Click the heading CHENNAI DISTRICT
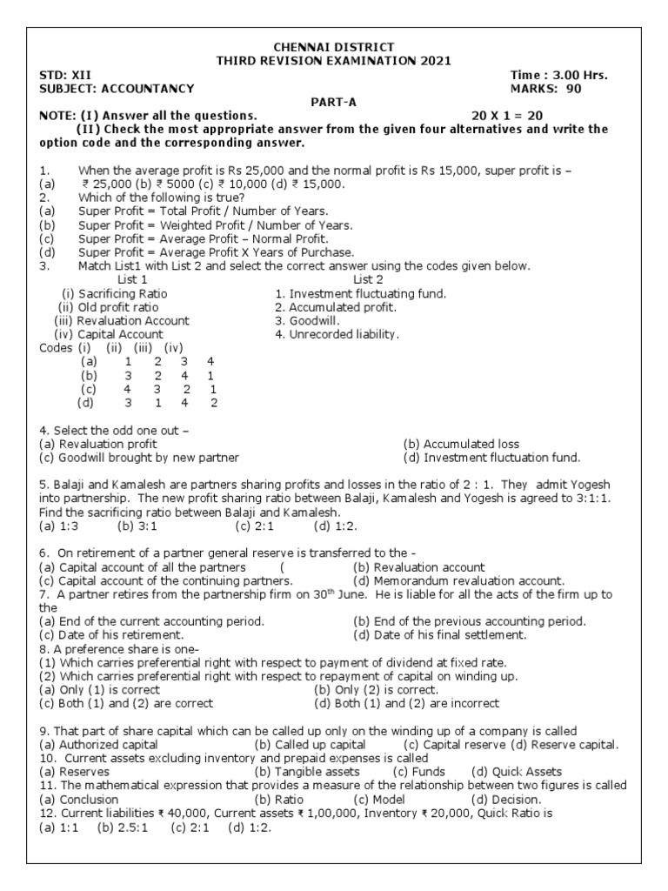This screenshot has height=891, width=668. [x=334, y=46]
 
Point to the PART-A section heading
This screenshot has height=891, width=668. [x=333, y=102]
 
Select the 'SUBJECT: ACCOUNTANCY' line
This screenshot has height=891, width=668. [x=117, y=89]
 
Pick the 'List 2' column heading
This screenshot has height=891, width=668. [x=368, y=279]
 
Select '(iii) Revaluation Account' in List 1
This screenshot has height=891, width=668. [x=122, y=320]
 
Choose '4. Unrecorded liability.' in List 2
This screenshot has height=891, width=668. [x=337, y=333]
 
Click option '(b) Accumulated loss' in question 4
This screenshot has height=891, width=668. [x=461, y=444]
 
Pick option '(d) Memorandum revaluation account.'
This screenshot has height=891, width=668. [x=458, y=580]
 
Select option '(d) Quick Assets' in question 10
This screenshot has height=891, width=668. [x=516, y=771]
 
